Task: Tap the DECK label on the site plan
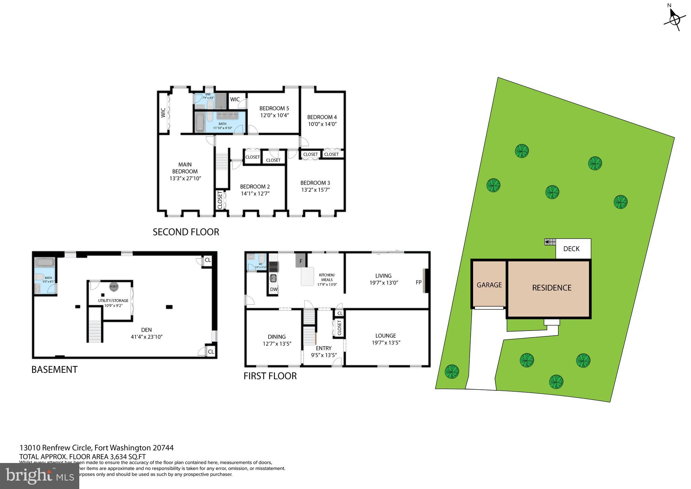tap(572, 249)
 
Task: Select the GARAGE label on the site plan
tap(489, 285)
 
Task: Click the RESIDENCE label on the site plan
tap(552, 288)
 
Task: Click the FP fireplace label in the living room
tap(418, 282)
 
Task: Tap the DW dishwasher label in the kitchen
tap(274, 289)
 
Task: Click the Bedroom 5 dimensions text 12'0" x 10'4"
tap(274, 115)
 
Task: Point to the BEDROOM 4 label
tap(322, 117)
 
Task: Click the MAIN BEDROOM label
tap(185, 168)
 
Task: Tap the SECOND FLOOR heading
tap(186, 232)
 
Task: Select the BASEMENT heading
tap(54, 369)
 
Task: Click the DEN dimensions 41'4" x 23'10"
tap(146, 337)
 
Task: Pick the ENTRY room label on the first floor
tap(324, 348)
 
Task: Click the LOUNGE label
tap(385, 336)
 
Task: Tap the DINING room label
tap(277, 337)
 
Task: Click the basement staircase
tap(95, 331)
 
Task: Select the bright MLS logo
tap(39, 476)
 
